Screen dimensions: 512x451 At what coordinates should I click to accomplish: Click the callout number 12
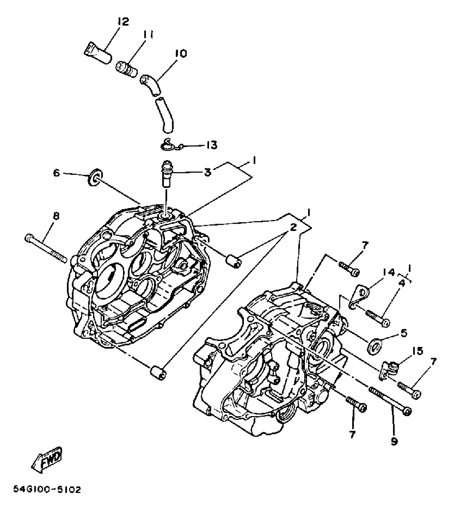[x=122, y=21]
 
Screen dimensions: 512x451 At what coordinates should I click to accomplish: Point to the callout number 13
[x=212, y=145]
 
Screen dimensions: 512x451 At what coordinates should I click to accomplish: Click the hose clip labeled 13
[x=168, y=145]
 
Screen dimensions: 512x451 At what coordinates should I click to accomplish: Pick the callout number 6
[x=57, y=173]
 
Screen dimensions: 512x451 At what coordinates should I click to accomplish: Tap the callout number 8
[x=56, y=216]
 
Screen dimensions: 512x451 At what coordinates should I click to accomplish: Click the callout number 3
[x=207, y=172]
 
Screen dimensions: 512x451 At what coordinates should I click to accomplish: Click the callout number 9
[x=394, y=441]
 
